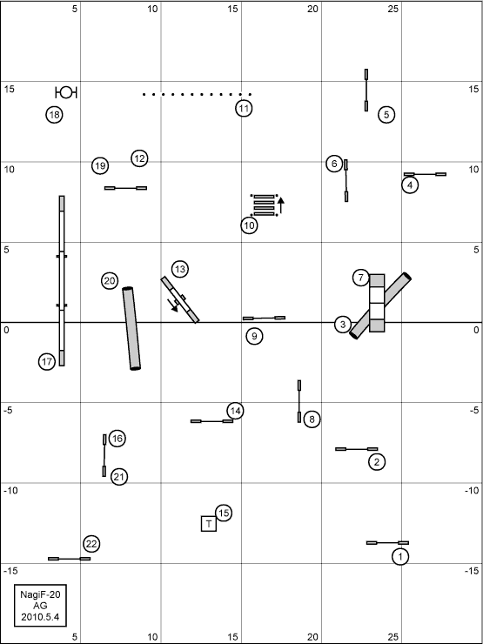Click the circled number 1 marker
pyautogui.click(x=400, y=557)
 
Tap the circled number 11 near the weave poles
pyautogui.click(x=244, y=109)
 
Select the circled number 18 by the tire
pyautogui.click(x=54, y=115)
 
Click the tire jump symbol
pyautogui.click(x=66, y=93)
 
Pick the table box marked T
pyautogui.click(x=209, y=524)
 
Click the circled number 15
pyautogui.click(x=224, y=513)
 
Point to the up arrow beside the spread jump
pyautogui.click(x=281, y=205)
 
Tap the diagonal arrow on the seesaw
pyautogui.click(x=173, y=305)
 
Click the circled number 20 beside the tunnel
pyautogui.click(x=110, y=281)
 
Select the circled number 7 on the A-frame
pyautogui.click(x=360, y=278)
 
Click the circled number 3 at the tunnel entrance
pyautogui.click(x=343, y=325)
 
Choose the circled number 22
pyautogui.click(x=91, y=544)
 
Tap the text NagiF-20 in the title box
pyautogui.click(x=40, y=594)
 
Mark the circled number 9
pyautogui.click(x=254, y=337)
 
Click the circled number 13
pyautogui.click(x=179, y=270)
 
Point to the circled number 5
pyautogui.click(x=386, y=115)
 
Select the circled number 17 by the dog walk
pyautogui.click(x=47, y=362)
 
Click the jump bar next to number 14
pyautogui.click(x=212, y=421)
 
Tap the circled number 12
pyautogui.click(x=139, y=158)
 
